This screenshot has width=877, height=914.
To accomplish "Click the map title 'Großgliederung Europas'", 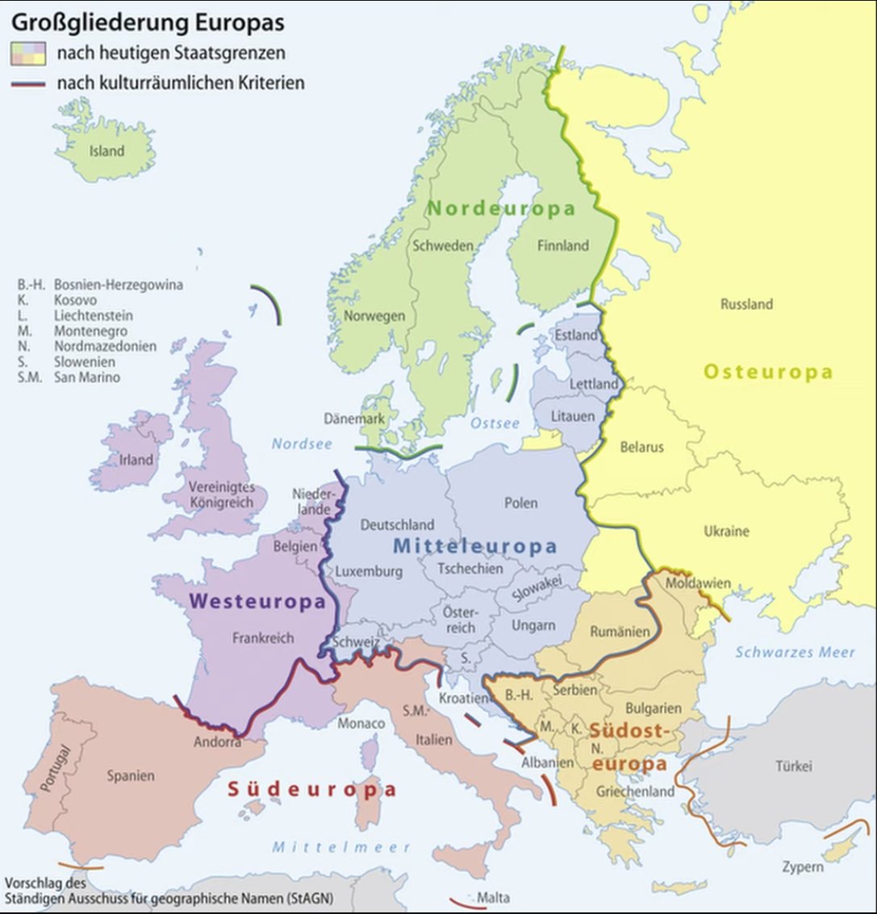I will tap(147, 23).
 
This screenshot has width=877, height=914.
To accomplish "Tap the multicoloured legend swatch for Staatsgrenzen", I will tap(27, 54).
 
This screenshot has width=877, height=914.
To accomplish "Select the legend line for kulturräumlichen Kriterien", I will tap(27, 83).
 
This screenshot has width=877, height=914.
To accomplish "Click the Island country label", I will tap(106, 151).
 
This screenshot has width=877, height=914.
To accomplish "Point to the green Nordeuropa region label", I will tap(501, 208).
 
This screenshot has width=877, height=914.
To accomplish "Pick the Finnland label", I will tap(562, 245).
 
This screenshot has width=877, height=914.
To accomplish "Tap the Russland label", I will tap(746, 304).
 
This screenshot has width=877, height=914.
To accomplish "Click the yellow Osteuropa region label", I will tap(768, 372).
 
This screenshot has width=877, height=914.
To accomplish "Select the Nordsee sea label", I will tap(302, 444).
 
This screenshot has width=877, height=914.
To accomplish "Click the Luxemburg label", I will tap(369, 571).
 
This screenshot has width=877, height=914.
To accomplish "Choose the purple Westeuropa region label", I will tap(257, 601).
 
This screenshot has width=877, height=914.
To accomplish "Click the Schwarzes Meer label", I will tap(794, 652).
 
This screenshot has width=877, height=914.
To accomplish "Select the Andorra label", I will tap(217, 742).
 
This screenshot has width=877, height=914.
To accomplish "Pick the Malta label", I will tap(492, 897).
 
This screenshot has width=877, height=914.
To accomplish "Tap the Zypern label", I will tap(802, 866).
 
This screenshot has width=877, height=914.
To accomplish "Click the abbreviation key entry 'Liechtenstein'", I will tap(94, 315).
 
